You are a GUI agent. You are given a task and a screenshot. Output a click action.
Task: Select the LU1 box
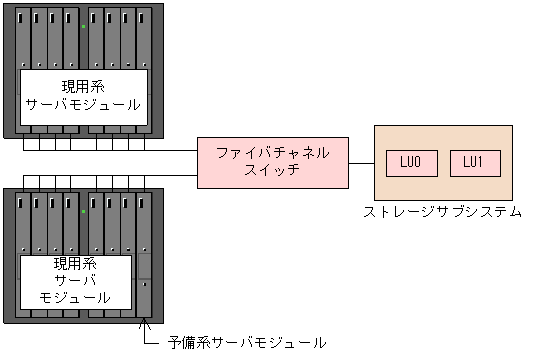click(474, 163)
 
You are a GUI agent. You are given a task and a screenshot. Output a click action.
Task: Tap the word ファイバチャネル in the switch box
click(272, 153)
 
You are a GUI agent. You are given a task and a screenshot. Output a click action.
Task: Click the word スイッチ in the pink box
click(272, 170)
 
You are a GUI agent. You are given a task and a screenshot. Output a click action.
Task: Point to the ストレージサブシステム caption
click(442, 212)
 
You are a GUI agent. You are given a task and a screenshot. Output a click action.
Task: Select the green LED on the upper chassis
click(83, 26)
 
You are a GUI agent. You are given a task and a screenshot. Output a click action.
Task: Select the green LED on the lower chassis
click(83, 212)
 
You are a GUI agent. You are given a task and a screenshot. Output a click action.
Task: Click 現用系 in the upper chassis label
click(84, 87)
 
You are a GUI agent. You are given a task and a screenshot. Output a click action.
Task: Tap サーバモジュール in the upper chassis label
click(84, 104)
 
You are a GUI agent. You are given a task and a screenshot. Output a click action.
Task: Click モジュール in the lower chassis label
click(75, 297)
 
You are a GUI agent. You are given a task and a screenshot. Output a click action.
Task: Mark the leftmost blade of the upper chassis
click(23, 40)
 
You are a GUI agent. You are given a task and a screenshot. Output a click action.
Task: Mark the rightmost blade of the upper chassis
click(145, 40)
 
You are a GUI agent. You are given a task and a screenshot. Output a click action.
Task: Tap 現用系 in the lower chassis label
click(75, 264)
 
